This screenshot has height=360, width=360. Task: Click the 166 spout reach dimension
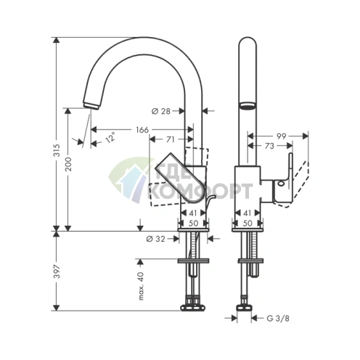tap(142, 130)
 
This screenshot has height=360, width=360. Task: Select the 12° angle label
tap(110, 138)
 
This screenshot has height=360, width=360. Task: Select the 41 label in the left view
tap(193, 213)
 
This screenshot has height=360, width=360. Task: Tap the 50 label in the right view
tap(247, 223)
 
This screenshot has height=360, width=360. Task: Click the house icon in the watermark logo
tap(130, 179)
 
